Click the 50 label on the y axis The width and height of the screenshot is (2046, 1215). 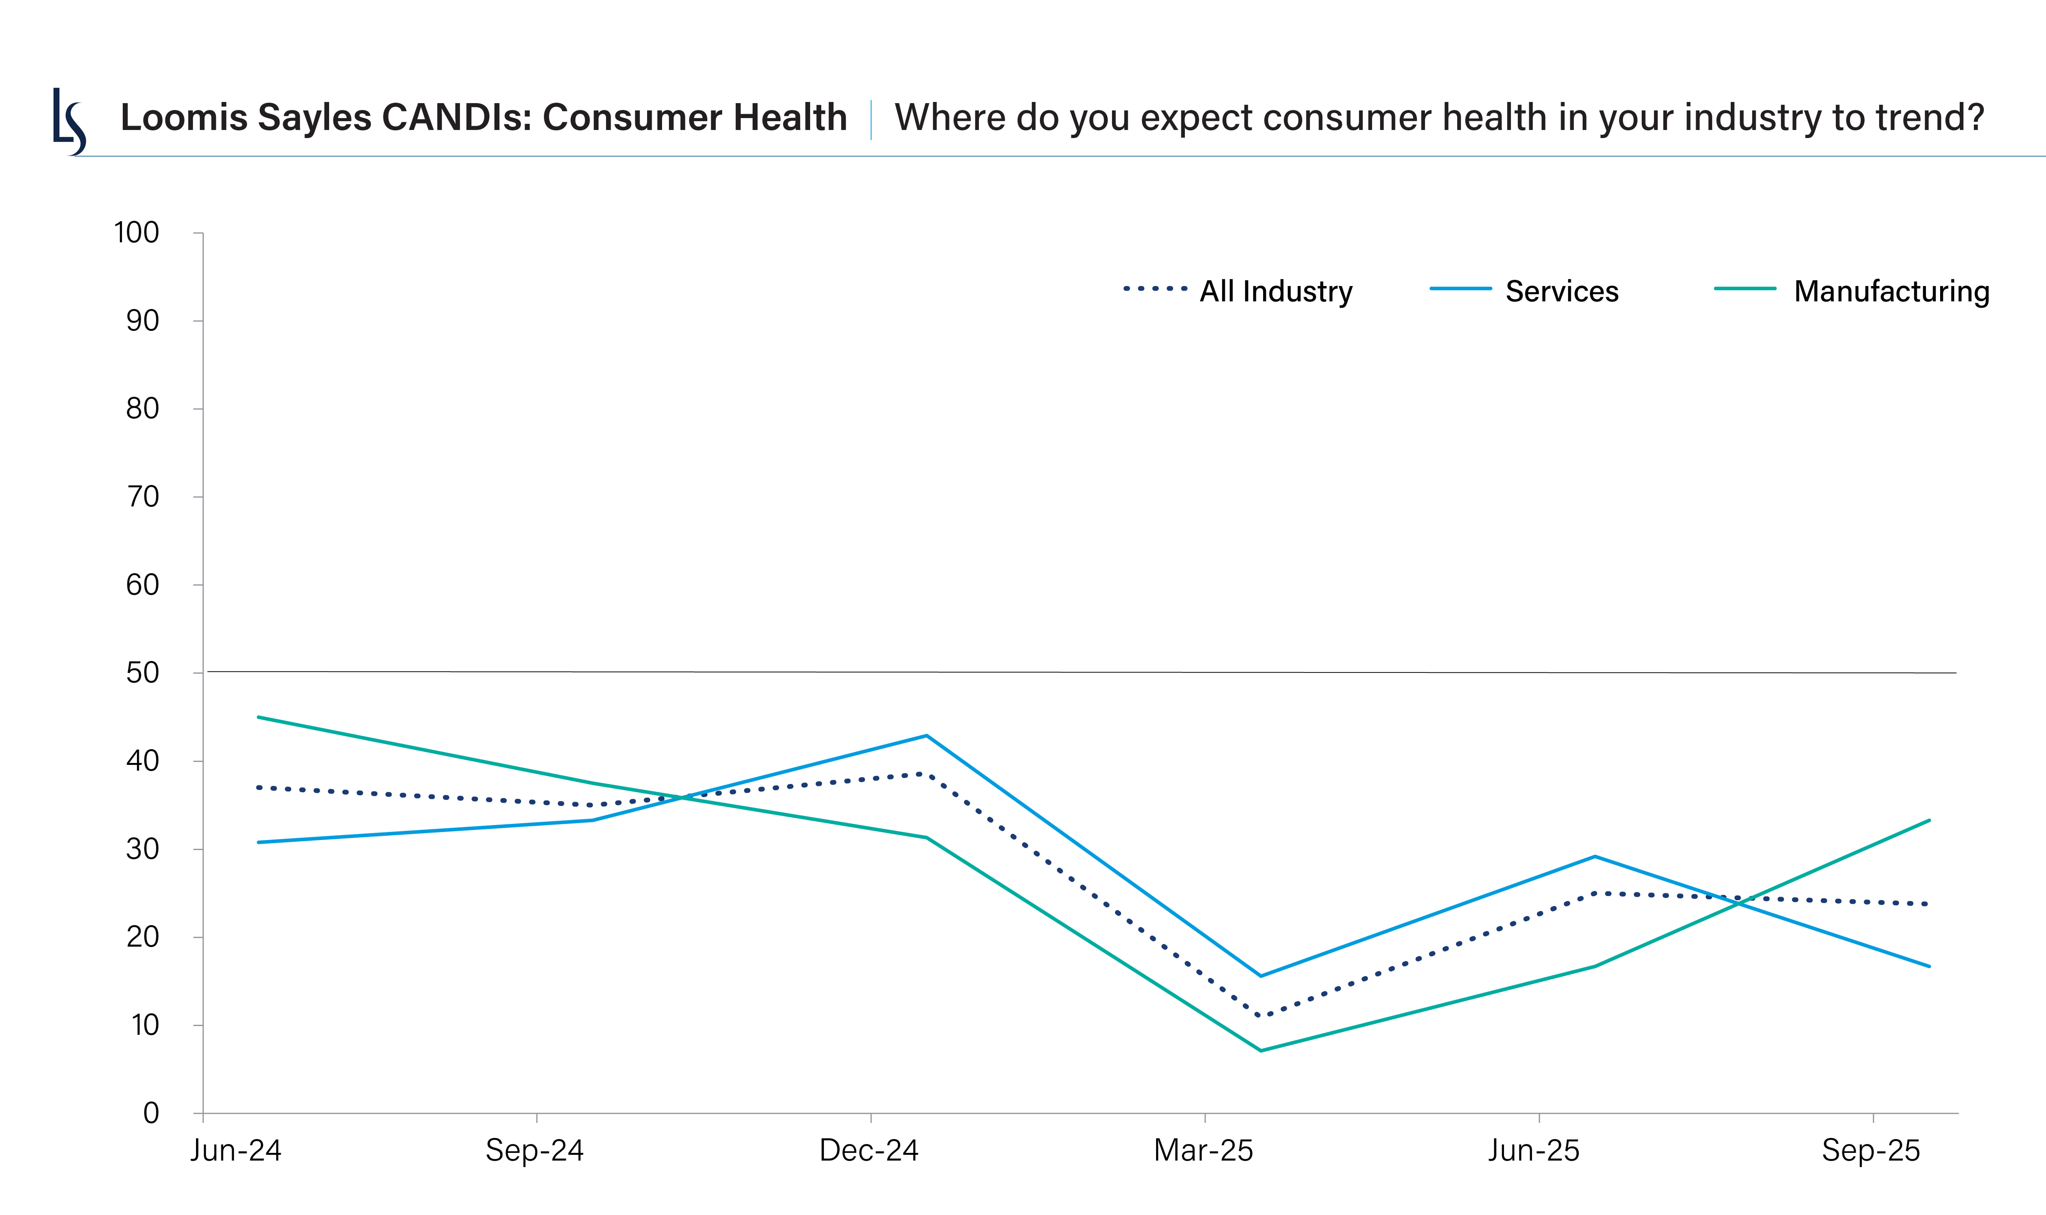142,673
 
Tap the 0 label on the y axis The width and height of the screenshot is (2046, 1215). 151,1113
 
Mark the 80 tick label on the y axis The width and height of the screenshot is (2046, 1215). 142,408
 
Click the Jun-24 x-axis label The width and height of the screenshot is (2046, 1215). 236,1151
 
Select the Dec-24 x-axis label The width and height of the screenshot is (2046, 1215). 869,1151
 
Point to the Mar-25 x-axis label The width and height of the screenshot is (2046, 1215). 1203,1151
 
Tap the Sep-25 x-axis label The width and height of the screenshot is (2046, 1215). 1871,1151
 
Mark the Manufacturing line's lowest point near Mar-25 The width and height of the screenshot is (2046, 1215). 1260,1051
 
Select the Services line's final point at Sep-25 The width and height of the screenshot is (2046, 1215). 1929,966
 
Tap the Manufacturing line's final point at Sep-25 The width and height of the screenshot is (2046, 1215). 1929,820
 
